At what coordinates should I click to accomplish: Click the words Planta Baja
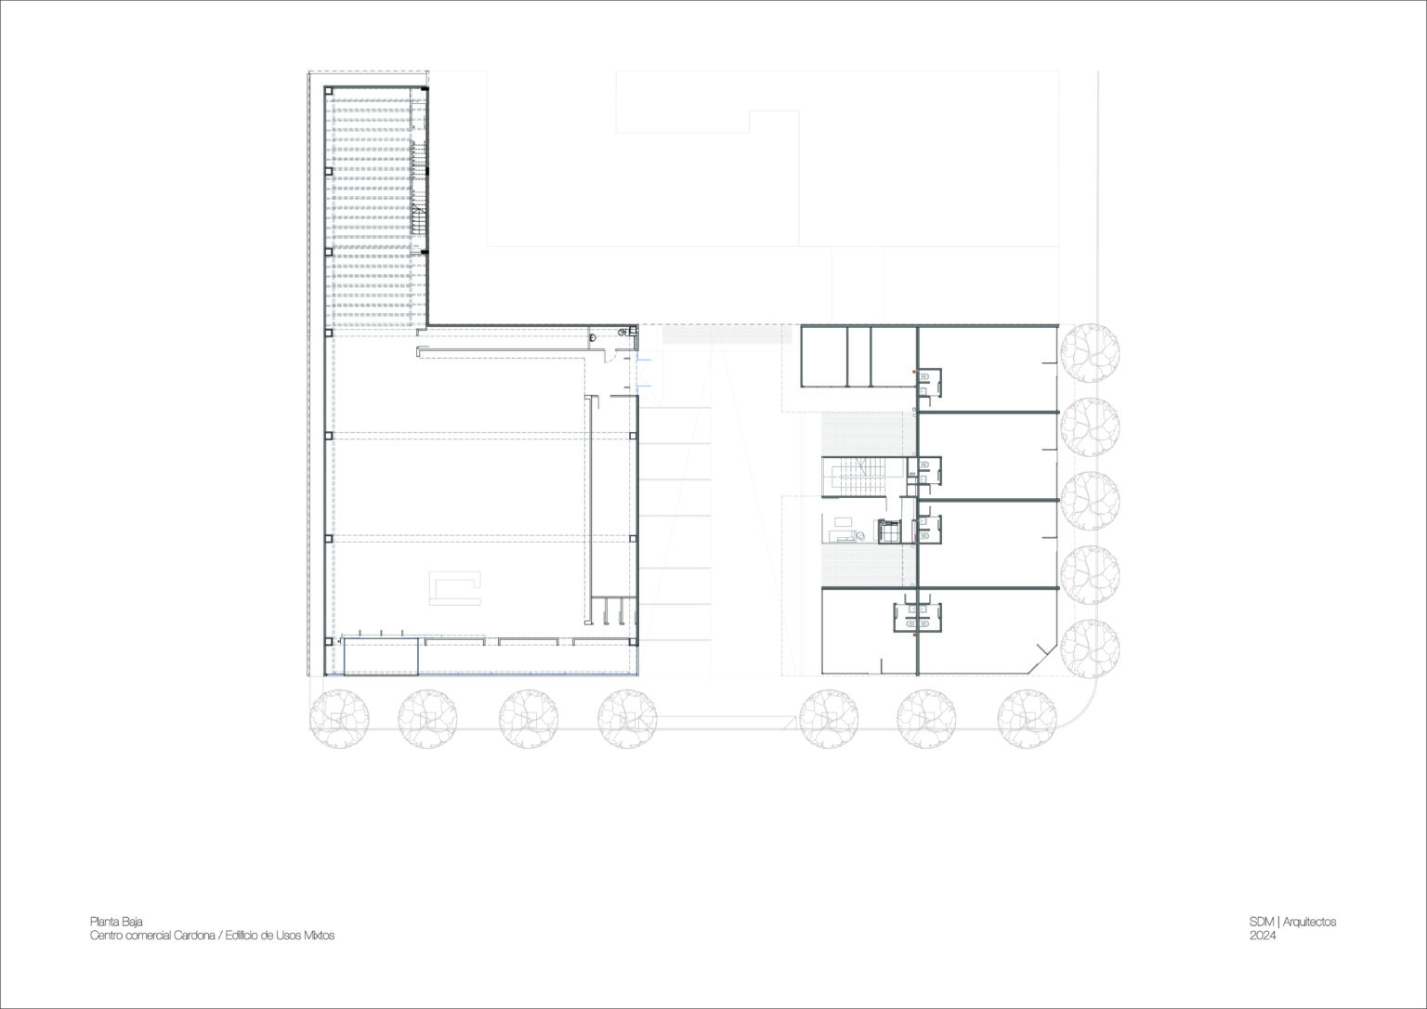(x=116, y=922)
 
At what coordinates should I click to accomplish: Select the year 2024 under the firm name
(x=1263, y=937)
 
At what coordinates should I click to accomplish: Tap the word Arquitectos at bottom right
(x=1310, y=922)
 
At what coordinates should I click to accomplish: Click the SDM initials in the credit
(x=1262, y=922)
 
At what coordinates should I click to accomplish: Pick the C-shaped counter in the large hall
(x=455, y=588)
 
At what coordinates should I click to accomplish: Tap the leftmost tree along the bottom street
(x=339, y=717)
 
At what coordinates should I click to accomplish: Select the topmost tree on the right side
(x=1089, y=353)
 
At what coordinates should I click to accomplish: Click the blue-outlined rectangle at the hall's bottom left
(x=381, y=656)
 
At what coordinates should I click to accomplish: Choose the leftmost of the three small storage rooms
(x=824, y=355)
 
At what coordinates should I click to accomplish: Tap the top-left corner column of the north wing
(x=328, y=90)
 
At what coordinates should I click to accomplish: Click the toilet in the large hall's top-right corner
(x=622, y=332)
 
